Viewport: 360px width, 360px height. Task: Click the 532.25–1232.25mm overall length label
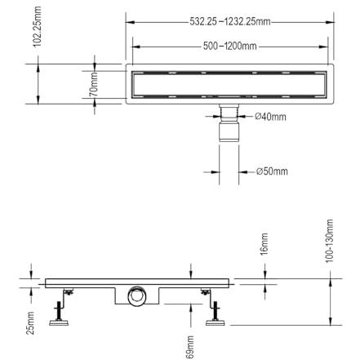tap(230, 21)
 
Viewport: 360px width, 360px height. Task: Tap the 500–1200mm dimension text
tap(230, 46)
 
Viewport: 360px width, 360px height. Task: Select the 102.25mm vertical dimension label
tap(37, 27)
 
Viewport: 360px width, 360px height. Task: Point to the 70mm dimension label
tap(94, 85)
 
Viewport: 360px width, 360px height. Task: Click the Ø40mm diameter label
tap(270, 117)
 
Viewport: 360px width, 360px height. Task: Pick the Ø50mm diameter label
tap(272, 171)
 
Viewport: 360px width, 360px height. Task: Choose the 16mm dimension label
tap(264, 244)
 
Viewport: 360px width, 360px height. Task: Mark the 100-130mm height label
tap(329, 241)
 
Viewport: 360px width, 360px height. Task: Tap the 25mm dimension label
tap(30, 322)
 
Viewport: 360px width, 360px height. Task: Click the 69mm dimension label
tap(190, 347)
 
